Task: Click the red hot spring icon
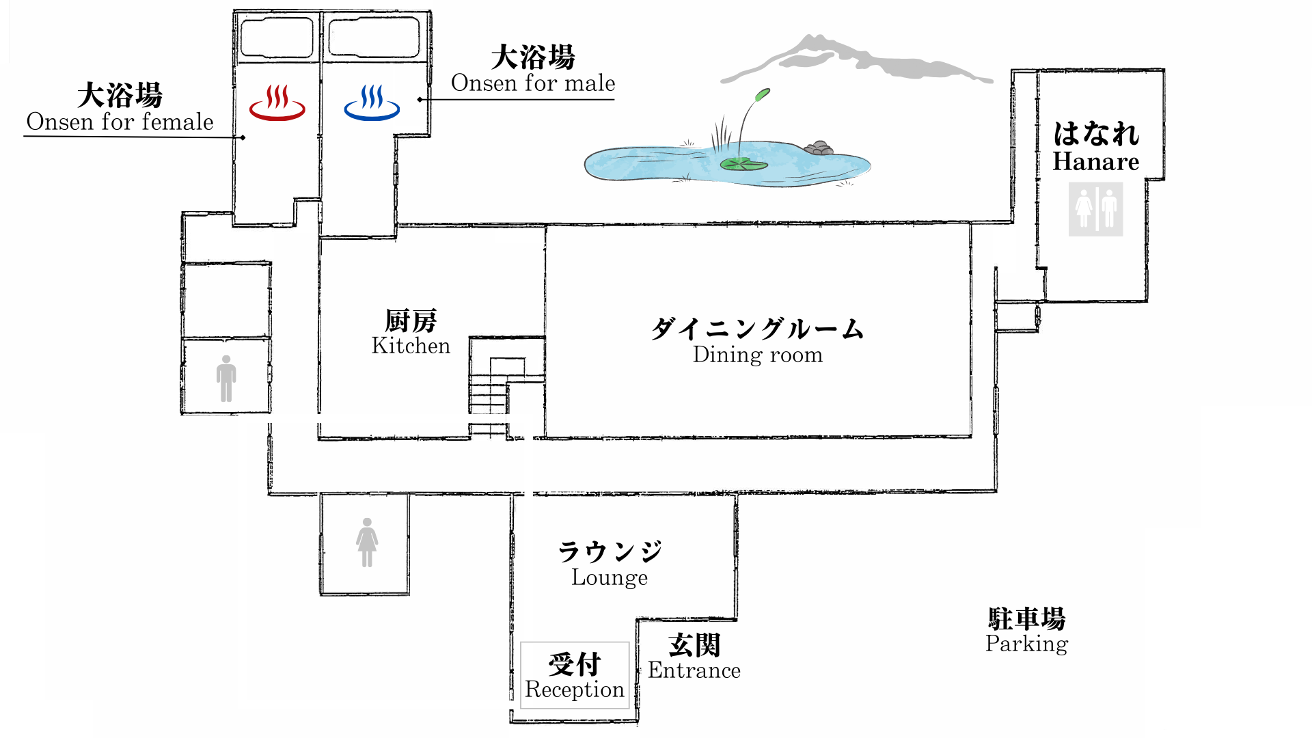277,103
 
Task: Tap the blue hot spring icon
372,103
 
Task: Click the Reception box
575,675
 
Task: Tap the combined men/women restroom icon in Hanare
1095,209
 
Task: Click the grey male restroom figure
226,379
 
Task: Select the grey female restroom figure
367,543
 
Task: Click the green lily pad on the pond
743,164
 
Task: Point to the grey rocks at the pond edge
819,148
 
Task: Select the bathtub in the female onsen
277,37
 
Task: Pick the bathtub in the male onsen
374,37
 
